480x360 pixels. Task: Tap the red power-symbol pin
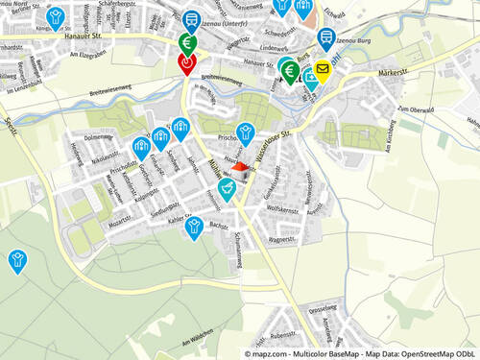tap(187, 62)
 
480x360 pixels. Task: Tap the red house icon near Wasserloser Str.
tap(240, 168)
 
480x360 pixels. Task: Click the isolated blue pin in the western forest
tap(17, 258)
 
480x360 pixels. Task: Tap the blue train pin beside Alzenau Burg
tap(326, 37)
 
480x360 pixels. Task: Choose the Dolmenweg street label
tap(99, 137)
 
